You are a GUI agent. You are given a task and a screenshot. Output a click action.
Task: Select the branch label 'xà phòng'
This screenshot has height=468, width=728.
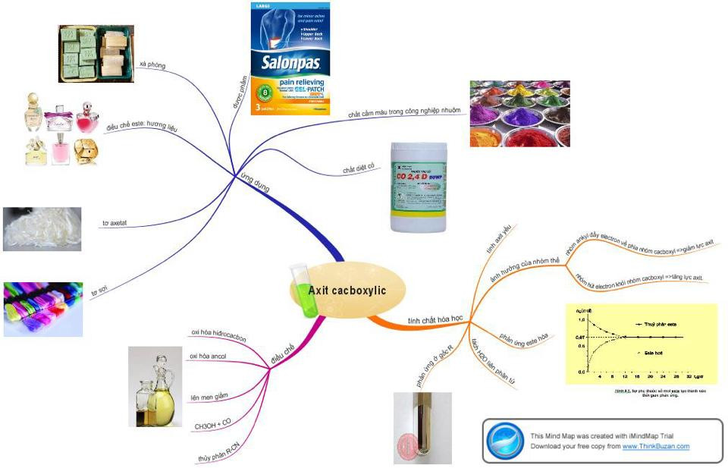click(152, 66)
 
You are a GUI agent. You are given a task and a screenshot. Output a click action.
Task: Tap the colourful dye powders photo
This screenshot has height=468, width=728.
click(519, 113)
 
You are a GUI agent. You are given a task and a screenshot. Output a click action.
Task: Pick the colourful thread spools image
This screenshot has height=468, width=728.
click(42, 309)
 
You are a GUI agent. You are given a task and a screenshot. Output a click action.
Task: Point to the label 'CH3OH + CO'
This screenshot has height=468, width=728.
click(212, 427)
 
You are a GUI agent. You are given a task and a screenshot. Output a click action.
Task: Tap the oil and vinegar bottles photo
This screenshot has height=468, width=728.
click(155, 385)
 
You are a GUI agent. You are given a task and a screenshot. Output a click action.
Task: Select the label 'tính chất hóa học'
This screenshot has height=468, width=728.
click(436, 320)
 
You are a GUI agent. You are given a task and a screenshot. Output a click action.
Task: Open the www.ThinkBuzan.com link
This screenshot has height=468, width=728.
click(656, 446)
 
